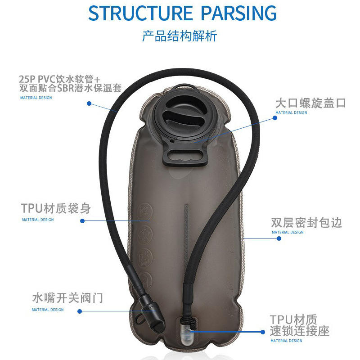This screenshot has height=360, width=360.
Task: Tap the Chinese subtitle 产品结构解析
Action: click(x=180, y=36)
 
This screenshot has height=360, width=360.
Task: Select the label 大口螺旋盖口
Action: click(x=310, y=103)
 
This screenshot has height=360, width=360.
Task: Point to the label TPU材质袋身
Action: click(x=56, y=209)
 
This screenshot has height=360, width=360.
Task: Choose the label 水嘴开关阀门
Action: click(x=67, y=298)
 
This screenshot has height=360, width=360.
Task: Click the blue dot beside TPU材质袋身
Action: click(x=82, y=221)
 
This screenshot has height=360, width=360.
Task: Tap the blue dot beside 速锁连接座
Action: click(x=263, y=332)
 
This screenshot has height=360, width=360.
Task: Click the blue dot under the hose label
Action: click(x=89, y=103)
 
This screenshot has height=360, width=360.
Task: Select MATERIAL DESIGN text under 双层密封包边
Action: click(x=288, y=233)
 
